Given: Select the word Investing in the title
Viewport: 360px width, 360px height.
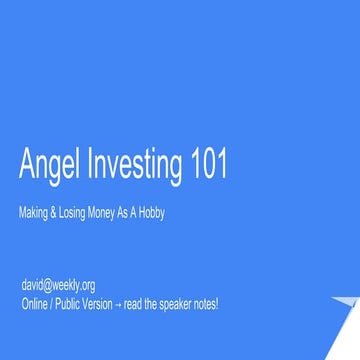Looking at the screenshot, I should click(132, 166).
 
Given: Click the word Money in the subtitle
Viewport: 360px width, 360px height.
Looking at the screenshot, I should click(109, 212).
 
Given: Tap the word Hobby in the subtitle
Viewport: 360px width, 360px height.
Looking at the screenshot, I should click(151, 212).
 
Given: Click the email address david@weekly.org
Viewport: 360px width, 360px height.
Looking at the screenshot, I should click(58, 286).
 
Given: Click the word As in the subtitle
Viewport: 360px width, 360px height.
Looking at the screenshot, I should click(130, 212).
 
